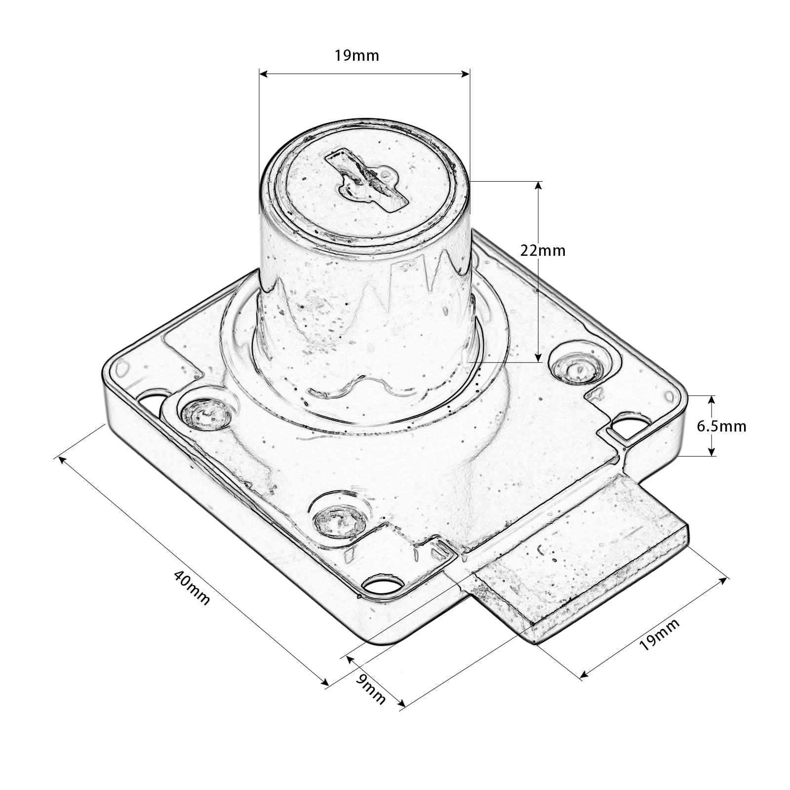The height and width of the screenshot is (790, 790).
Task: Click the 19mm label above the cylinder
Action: click(x=356, y=55)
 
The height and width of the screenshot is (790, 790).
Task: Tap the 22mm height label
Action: click(x=543, y=251)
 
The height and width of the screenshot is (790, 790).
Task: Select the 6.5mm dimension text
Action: click(x=721, y=426)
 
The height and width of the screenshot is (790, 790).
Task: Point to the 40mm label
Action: click(x=192, y=588)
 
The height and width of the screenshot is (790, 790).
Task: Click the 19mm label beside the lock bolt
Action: click(x=660, y=634)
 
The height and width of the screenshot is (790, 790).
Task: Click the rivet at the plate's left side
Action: click(x=206, y=413)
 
